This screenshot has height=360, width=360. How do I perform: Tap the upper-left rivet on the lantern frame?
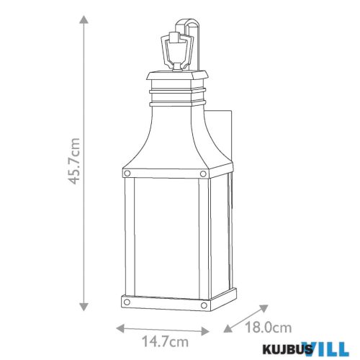coord(127,173)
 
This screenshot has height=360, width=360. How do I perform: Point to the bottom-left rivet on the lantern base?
coord(127,300)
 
